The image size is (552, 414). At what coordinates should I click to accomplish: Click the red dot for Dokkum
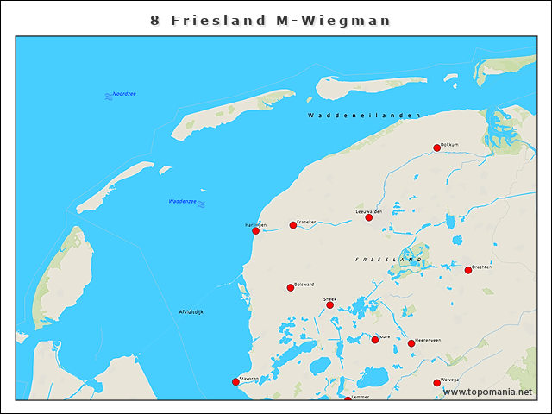(x=436, y=147)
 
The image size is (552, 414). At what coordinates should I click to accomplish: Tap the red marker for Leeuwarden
(x=368, y=217)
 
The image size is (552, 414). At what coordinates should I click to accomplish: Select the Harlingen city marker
(x=255, y=230)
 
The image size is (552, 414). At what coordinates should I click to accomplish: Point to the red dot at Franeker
(x=292, y=225)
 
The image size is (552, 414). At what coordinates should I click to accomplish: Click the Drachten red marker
(x=467, y=270)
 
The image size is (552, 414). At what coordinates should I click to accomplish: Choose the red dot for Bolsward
(x=290, y=287)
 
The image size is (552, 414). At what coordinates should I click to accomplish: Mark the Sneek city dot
(x=329, y=304)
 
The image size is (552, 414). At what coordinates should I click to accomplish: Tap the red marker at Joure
(x=374, y=339)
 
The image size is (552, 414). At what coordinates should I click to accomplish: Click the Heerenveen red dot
(x=411, y=343)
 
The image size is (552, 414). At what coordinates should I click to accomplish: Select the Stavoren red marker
(x=235, y=381)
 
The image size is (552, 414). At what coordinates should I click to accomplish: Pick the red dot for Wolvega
(x=436, y=382)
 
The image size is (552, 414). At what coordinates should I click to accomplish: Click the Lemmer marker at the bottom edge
(x=348, y=399)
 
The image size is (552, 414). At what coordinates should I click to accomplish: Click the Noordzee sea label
(x=125, y=93)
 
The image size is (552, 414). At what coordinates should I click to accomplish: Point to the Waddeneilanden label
(x=364, y=115)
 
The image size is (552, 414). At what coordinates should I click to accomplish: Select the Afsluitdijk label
(x=191, y=311)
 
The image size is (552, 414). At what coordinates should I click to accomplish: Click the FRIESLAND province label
(x=389, y=259)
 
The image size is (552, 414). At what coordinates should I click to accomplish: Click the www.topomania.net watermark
(x=487, y=392)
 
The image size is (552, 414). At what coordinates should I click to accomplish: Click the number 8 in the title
(x=155, y=20)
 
